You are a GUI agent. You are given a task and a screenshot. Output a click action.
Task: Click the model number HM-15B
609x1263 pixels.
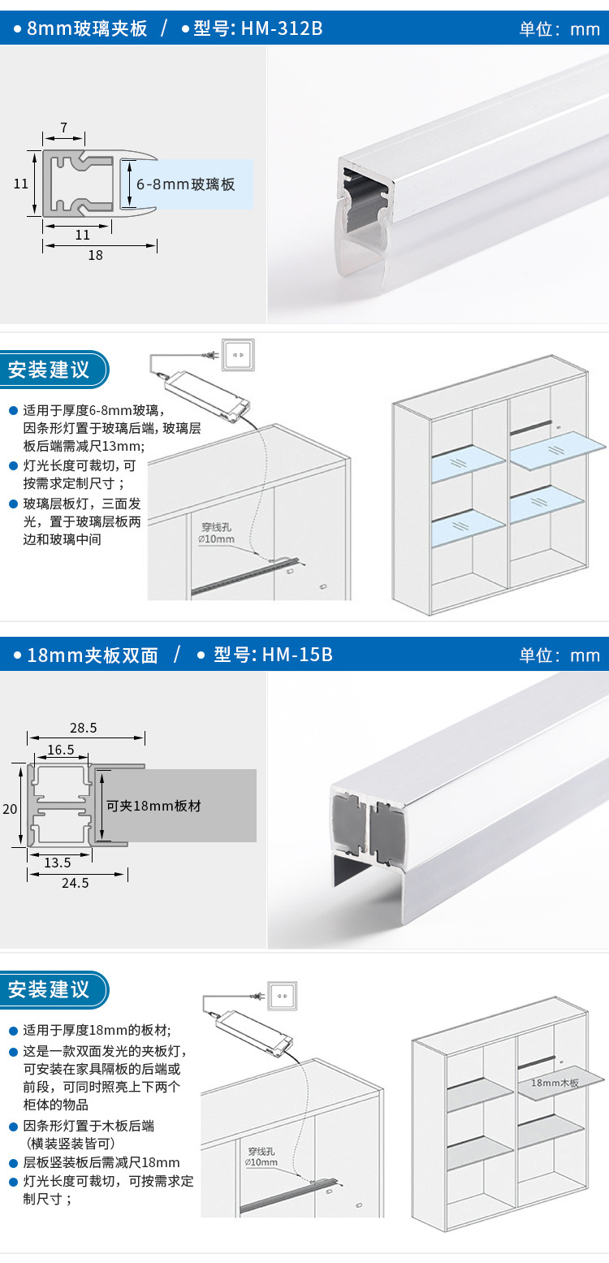point(297,655)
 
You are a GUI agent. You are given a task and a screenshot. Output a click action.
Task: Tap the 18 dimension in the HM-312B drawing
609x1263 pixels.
point(96,255)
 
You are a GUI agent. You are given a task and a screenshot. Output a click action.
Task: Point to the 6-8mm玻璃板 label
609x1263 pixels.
point(186,184)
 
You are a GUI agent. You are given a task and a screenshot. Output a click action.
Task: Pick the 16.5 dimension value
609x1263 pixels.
point(60,750)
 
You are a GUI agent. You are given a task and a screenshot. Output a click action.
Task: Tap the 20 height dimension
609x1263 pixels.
point(9,808)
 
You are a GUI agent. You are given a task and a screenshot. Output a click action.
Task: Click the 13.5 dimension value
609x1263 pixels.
point(56,862)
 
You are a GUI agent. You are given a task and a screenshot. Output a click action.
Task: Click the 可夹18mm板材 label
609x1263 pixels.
point(154,806)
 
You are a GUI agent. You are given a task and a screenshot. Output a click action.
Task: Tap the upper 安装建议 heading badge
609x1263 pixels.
point(50,370)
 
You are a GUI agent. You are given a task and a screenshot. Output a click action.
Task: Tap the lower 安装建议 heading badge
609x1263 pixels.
point(50,989)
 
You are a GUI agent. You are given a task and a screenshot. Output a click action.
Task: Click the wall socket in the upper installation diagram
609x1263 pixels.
point(240,353)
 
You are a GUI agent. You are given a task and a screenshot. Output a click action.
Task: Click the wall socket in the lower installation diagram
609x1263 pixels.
point(283,995)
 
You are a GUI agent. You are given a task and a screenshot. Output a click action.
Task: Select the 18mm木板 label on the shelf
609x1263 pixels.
point(555,1082)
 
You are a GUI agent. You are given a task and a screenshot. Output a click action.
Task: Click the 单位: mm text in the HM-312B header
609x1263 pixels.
point(559,29)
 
